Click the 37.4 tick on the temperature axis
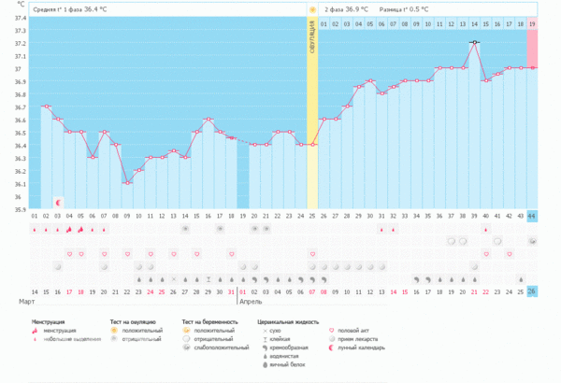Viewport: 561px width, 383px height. pyautogui.click(x=19, y=18)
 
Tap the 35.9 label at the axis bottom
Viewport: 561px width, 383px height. pyautogui.click(x=19, y=209)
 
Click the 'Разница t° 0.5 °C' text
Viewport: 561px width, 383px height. pyautogui.click(x=404, y=8)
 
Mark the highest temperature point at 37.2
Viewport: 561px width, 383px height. pyautogui.click(x=475, y=42)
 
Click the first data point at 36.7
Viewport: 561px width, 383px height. pyautogui.click(x=46, y=106)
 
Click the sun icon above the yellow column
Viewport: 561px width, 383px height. pyautogui.click(x=312, y=9)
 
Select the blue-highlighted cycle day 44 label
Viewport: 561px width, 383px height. pyautogui.click(x=532, y=216)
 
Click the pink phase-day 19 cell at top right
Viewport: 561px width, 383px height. pyautogui.click(x=532, y=23)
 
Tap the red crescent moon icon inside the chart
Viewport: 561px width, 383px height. pyautogui.click(x=58, y=202)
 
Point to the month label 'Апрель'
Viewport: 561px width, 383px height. pyautogui.click(x=252, y=303)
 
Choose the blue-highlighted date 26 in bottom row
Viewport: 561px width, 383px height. pyautogui.click(x=532, y=291)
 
